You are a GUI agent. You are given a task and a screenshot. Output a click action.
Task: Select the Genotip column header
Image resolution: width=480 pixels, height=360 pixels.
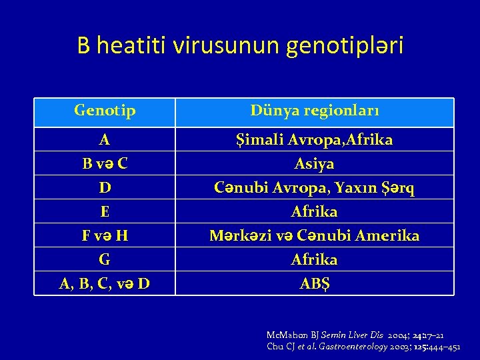pyautogui.click(x=105, y=109)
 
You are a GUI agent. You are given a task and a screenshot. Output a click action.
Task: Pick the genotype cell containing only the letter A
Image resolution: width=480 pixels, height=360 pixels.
pyautogui.click(x=105, y=140)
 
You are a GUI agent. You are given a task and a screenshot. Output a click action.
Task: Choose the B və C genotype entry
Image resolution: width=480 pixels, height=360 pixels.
pyautogui.click(x=105, y=164)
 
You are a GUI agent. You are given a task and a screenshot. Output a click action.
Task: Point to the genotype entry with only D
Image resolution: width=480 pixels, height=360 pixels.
pyautogui.click(x=105, y=188)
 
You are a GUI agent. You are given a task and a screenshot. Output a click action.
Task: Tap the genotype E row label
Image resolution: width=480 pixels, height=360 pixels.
pyautogui.click(x=105, y=212)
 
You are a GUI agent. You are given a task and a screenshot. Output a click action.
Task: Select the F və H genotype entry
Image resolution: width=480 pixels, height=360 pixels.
pyautogui.click(x=105, y=236)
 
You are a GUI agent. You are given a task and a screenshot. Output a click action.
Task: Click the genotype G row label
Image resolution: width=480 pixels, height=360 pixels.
pyautogui.click(x=105, y=259)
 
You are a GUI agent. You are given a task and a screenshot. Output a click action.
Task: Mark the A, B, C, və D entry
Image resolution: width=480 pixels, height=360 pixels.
pyautogui.click(x=105, y=283)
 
